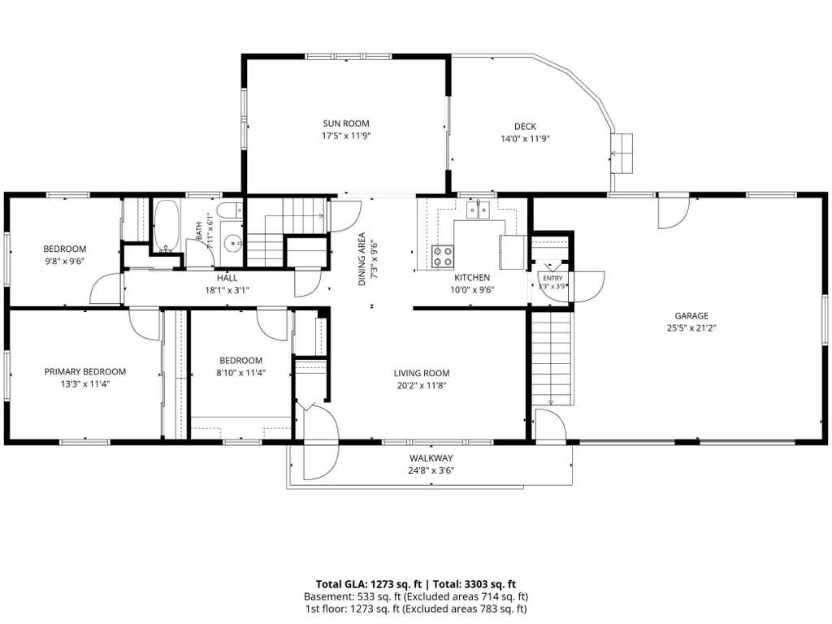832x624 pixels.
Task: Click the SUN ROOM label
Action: (x=346, y=123)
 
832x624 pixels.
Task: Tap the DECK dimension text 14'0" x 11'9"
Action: (x=525, y=139)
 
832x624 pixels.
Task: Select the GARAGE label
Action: (x=691, y=316)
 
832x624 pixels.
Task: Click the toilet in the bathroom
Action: (x=230, y=210)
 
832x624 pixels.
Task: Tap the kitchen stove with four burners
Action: (x=443, y=256)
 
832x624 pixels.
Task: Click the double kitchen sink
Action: (x=479, y=210)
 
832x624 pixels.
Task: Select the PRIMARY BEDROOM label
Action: (x=84, y=372)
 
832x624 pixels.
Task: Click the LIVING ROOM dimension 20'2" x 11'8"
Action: (x=422, y=386)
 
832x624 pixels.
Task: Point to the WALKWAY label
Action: (x=431, y=458)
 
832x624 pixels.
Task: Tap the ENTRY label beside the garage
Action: (x=552, y=279)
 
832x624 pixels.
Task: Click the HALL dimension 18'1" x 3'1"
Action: (x=227, y=290)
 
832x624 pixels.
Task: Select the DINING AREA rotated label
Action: (x=362, y=259)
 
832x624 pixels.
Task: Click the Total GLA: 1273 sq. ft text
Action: (x=369, y=585)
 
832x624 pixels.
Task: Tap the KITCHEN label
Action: (x=472, y=278)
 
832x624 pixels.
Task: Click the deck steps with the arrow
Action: (x=622, y=154)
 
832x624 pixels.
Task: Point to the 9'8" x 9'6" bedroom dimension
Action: (x=65, y=261)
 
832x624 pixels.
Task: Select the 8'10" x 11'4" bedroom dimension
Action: (x=240, y=372)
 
